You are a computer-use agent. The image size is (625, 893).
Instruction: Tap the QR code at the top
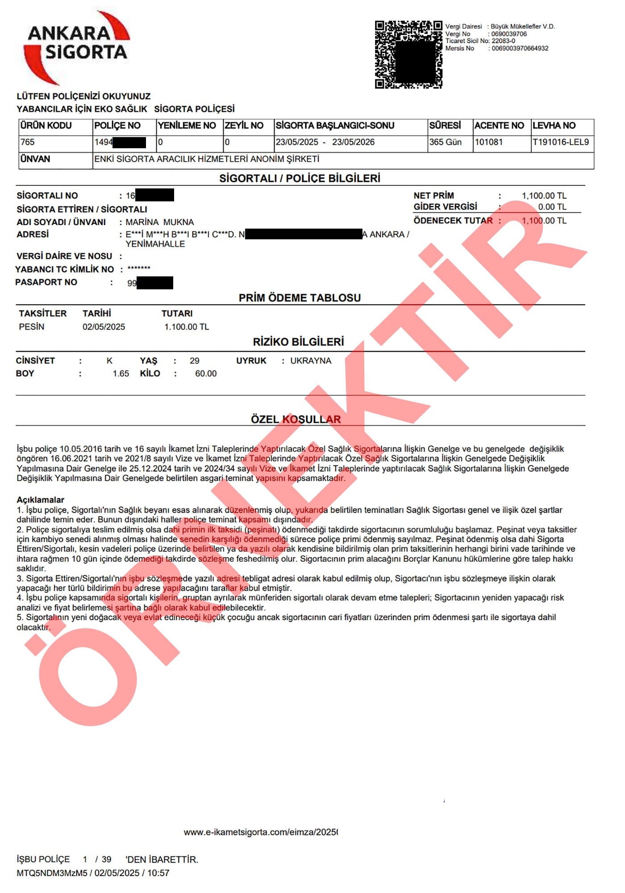click(x=408, y=54)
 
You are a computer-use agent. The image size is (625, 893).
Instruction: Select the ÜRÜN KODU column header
click(x=46, y=125)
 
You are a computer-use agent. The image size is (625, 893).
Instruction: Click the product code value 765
click(x=28, y=142)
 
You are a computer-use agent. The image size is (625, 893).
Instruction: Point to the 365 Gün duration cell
click(x=445, y=142)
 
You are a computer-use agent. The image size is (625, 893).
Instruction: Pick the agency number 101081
click(x=488, y=142)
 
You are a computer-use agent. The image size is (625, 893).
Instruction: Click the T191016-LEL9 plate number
click(x=561, y=142)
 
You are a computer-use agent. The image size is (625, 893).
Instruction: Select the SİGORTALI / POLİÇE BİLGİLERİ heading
click(x=300, y=179)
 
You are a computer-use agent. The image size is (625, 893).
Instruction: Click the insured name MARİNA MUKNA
click(x=160, y=222)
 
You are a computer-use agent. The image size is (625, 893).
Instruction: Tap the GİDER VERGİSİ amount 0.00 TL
click(x=552, y=207)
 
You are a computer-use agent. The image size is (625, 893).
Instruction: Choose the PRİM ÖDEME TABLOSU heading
click(x=300, y=298)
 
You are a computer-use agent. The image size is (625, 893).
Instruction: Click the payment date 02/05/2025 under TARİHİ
click(x=104, y=327)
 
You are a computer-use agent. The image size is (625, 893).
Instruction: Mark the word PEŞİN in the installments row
click(x=32, y=327)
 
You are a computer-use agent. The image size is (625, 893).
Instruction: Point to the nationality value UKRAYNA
click(x=311, y=361)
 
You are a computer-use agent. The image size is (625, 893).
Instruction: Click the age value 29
click(x=195, y=361)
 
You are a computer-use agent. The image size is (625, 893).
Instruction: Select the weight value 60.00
click(x=206, y=374)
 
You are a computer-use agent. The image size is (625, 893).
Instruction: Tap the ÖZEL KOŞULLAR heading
click(x=296, y=420)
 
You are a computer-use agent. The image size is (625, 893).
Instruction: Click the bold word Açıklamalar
click(x=41, y=500)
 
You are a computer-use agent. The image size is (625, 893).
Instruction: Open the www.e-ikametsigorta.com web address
click(x=261, y=832)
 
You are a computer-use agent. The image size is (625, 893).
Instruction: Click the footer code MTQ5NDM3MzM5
click(x=52, y=873)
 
